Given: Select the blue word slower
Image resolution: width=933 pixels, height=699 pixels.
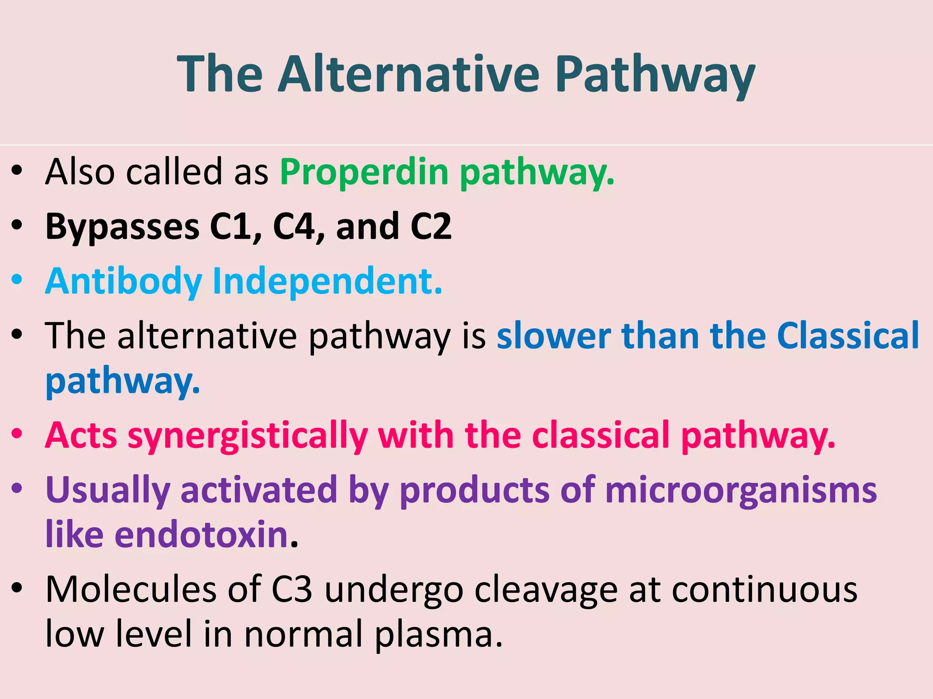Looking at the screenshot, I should coord(554,336).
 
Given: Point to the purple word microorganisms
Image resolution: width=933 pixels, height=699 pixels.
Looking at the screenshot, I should coord(741,490).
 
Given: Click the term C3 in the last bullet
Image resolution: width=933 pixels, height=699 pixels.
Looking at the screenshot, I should coord(292,589).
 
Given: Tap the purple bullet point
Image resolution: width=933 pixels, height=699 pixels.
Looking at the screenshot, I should coord(17,489).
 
